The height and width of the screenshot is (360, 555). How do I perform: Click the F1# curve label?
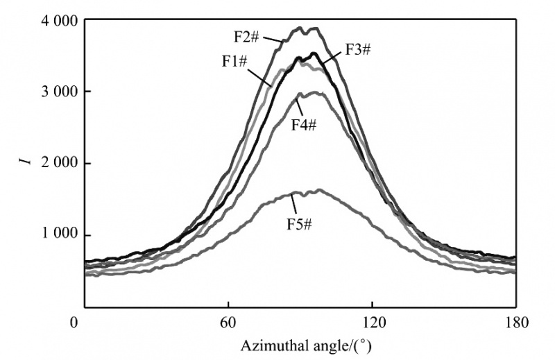pos(236,61)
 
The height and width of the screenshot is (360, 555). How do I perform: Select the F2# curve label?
pos(246,34)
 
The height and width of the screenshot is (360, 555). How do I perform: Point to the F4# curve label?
pos(302,124)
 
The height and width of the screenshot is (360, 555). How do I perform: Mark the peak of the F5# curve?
pos(318,189)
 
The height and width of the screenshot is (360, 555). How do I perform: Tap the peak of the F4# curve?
pos(316,92)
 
